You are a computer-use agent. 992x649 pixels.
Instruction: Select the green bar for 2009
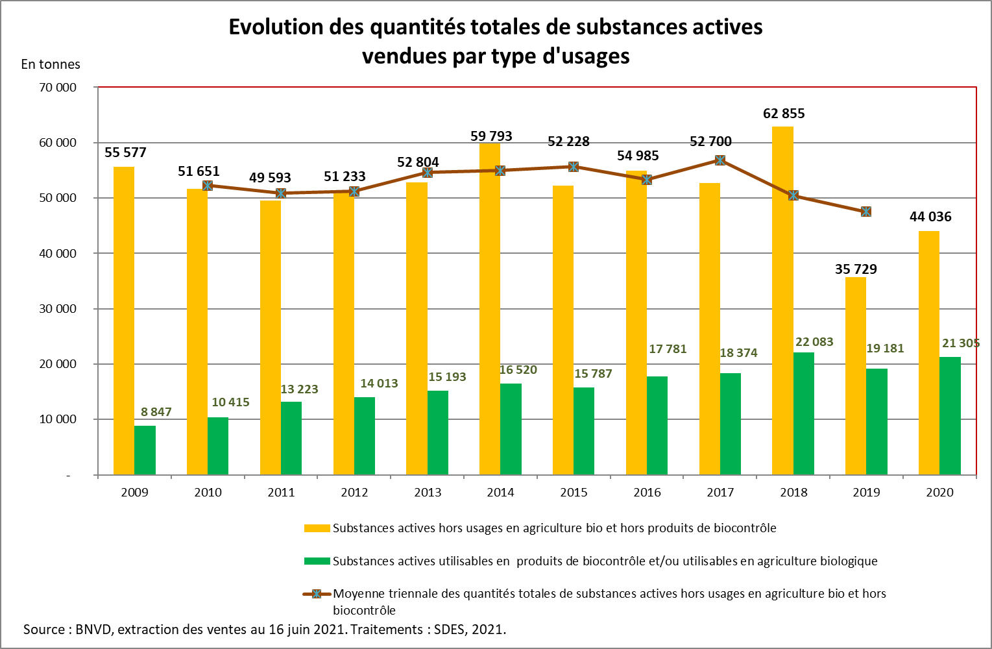145,450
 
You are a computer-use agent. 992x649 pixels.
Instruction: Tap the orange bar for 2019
856,376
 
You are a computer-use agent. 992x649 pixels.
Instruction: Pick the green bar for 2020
950,416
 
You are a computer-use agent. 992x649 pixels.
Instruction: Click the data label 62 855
784,114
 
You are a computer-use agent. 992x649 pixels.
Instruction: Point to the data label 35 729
856,269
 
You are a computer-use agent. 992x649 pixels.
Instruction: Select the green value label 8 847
156,412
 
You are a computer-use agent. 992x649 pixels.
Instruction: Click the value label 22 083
814,342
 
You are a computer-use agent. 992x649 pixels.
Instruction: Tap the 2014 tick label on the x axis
500,493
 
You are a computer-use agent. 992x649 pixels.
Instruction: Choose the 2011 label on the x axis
281,493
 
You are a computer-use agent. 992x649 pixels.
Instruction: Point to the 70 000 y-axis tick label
58,88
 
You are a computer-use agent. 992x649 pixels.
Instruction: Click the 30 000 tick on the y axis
58,309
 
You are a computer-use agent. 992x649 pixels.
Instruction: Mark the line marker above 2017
720,160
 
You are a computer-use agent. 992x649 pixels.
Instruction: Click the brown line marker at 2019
866,212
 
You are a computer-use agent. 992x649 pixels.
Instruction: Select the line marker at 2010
208,186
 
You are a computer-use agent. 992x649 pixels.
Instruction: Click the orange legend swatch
317,528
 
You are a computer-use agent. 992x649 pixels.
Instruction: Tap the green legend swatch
317,561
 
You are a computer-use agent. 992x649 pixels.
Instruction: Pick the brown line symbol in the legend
317,594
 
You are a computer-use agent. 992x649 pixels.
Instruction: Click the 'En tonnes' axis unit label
51,64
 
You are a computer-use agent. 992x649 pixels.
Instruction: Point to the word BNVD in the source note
93,630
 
